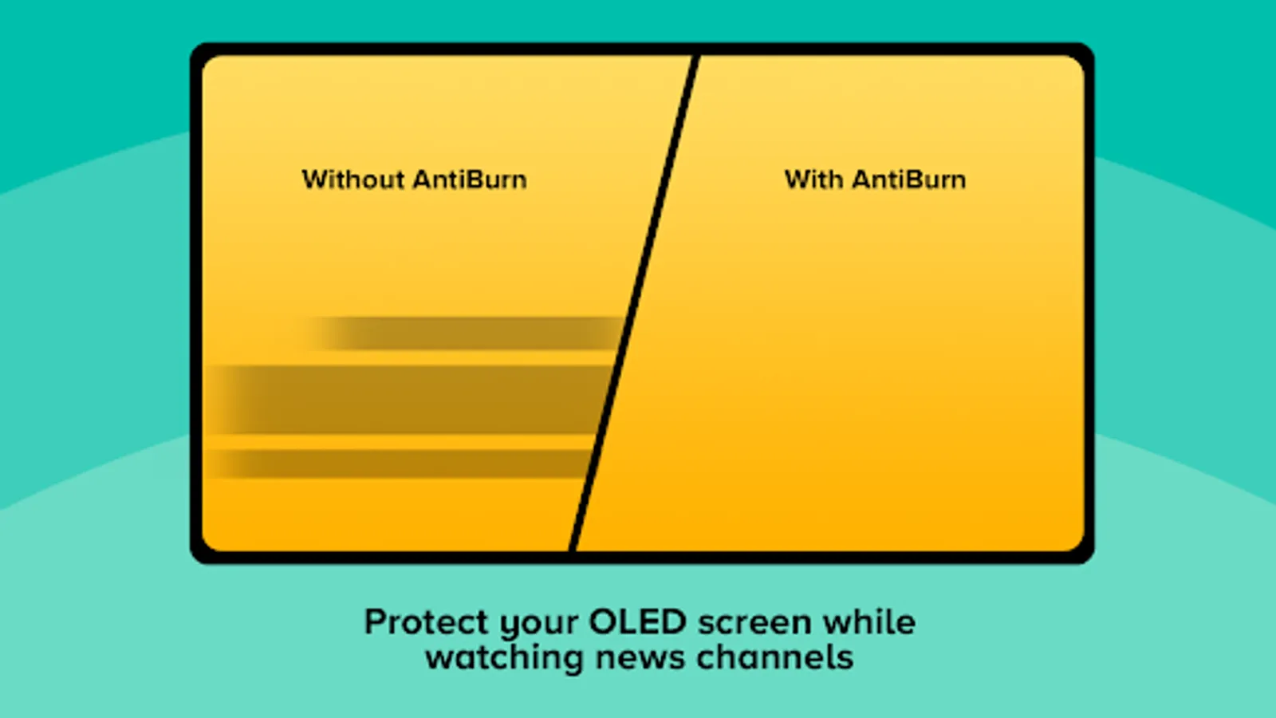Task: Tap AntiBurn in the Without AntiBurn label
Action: tap(470, 179)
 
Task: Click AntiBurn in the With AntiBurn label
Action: tap(909, 179)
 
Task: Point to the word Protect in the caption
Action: tap(426, 621)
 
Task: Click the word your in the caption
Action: tap(539, 625)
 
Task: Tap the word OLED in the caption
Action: tap(637, 621)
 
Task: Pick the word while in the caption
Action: tap(870, 621)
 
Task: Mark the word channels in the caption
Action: tap(774, 657)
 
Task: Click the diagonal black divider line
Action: tap(634, 303)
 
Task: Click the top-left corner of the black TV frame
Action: tap(191, 44)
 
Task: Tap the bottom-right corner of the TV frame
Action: tap(1093, 563)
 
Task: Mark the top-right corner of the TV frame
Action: tap(1093, 44)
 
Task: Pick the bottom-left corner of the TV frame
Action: tap(191, 563)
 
